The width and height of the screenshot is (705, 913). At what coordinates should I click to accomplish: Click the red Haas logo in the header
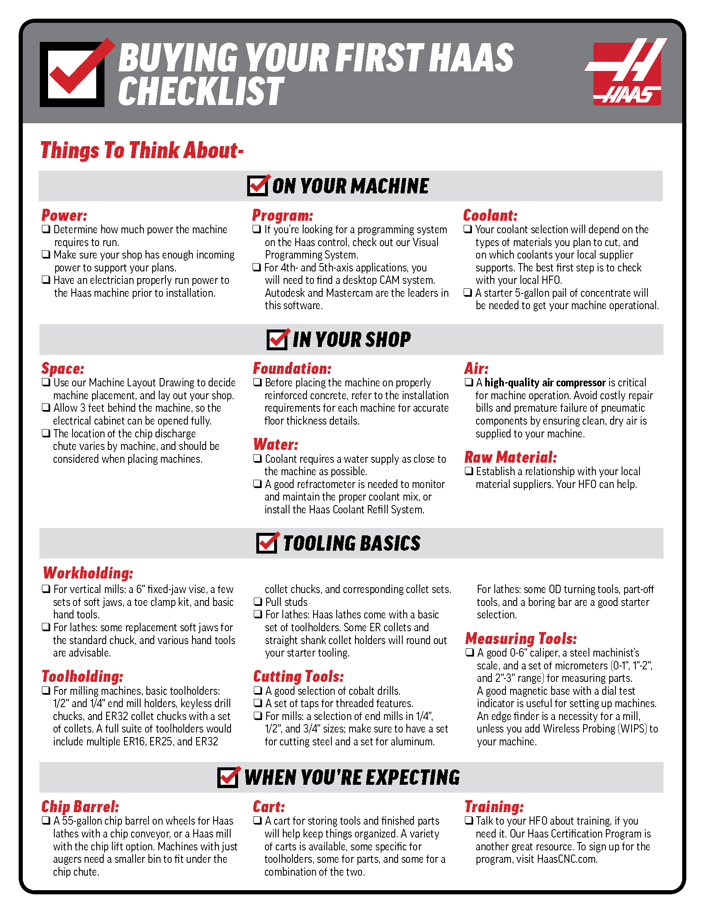point(627,72)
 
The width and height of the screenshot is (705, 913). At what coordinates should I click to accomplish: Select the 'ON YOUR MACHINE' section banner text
point(350,186)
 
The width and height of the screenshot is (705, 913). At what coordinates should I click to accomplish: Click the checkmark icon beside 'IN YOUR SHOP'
point(277,339)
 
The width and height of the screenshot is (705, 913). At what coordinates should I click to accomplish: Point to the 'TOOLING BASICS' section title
point(351,544)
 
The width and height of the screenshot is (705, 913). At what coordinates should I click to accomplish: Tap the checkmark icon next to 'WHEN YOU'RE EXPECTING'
point(229,778)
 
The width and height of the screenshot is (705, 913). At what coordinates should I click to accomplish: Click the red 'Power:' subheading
point(64,215)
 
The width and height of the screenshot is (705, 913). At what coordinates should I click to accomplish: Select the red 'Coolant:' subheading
point(490,215)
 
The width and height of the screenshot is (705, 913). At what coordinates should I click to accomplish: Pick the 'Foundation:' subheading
point(292,368)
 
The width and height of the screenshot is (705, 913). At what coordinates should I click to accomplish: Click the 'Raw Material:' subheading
point(511,457)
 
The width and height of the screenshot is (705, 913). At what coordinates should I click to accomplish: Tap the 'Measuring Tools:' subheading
point(521,639)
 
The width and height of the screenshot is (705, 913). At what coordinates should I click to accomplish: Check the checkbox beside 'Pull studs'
point(258,602)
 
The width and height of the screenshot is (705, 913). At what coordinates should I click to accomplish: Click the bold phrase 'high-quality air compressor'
point(545,383)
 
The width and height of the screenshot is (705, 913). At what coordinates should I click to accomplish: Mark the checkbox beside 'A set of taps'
point(258,703)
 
